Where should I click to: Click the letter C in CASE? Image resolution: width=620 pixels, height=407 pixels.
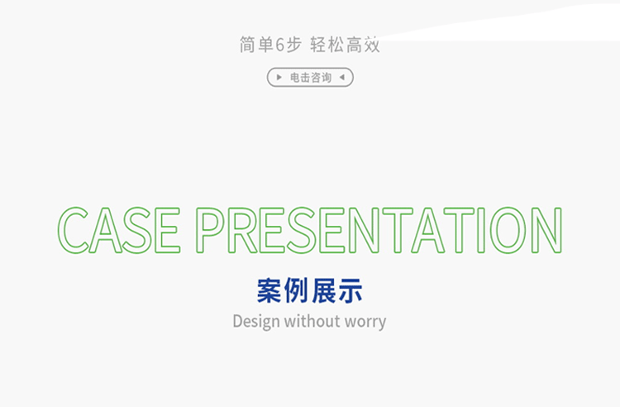60,230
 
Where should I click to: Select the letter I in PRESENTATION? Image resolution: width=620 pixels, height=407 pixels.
481,230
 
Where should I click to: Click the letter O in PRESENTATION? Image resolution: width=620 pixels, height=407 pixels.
492,230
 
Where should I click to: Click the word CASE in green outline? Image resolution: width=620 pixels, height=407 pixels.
118,230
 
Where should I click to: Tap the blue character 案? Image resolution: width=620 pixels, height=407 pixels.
269,290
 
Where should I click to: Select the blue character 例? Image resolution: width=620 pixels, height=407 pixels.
296,290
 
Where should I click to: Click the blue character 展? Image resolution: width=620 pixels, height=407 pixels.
323,290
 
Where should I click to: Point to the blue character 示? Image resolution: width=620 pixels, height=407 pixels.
350,290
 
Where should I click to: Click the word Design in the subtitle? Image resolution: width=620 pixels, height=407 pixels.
256,322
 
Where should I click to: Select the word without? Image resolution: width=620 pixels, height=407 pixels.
307,321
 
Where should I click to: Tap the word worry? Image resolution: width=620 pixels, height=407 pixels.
360,323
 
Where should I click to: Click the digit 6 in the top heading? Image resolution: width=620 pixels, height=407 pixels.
280,45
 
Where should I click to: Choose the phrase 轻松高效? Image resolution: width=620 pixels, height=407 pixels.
345,45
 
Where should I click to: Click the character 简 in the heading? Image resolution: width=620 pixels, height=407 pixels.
247,45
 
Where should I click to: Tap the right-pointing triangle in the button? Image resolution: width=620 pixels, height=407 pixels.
279,77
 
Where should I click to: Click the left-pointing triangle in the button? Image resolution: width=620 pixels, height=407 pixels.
342,77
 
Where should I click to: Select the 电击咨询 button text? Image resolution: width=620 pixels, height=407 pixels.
311,77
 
